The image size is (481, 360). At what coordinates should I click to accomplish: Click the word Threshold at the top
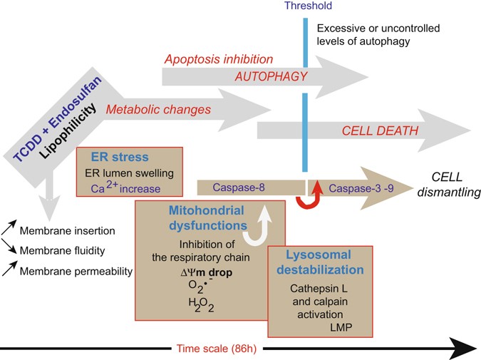pos(303,8)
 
